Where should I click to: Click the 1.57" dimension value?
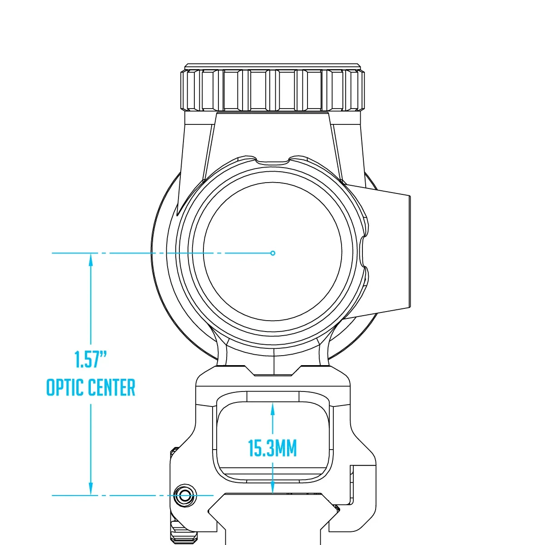pos(90,359)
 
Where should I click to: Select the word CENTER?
pos(112,388)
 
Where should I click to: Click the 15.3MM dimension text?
pos(272,448)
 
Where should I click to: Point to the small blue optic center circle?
pos(272,253)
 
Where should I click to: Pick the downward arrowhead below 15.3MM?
pos(272,487)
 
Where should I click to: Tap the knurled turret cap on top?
pos(272,90)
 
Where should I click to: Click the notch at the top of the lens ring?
pos(272,161)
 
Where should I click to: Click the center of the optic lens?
pos(272,252)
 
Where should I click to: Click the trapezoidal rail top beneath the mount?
pos(272,512)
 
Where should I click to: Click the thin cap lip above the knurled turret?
pos(272,67)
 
